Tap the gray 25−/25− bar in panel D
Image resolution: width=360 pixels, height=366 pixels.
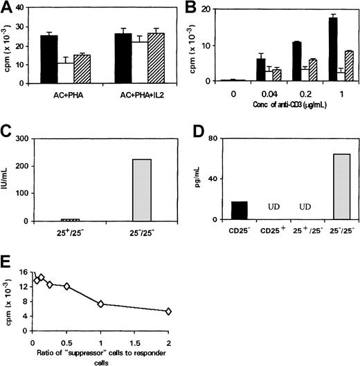333,187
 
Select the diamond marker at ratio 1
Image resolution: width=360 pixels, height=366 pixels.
101,304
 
